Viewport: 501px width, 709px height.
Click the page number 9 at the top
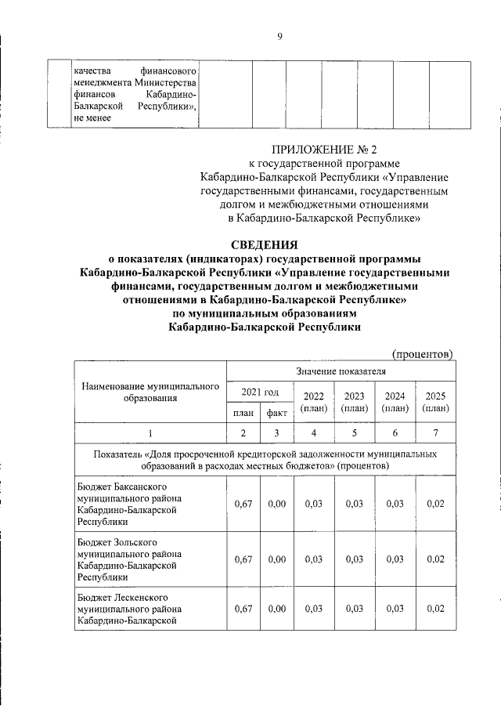[x=279, y=34]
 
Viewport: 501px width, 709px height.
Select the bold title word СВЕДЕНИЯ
[x=264, y=245]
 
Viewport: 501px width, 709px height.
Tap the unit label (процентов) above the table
[x=422, y=353]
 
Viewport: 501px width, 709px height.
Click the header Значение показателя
[x=341, y=370]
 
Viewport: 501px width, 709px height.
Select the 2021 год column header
[x=259, y=392]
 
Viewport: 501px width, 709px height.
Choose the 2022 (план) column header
[x=313, y=401]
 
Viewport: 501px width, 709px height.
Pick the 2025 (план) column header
[x=435, y=401]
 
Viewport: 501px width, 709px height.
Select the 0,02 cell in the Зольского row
[x=435, y=559]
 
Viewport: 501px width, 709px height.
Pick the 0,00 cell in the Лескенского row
[x=276, y=609]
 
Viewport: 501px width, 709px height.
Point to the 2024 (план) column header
[x=395, y=401]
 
